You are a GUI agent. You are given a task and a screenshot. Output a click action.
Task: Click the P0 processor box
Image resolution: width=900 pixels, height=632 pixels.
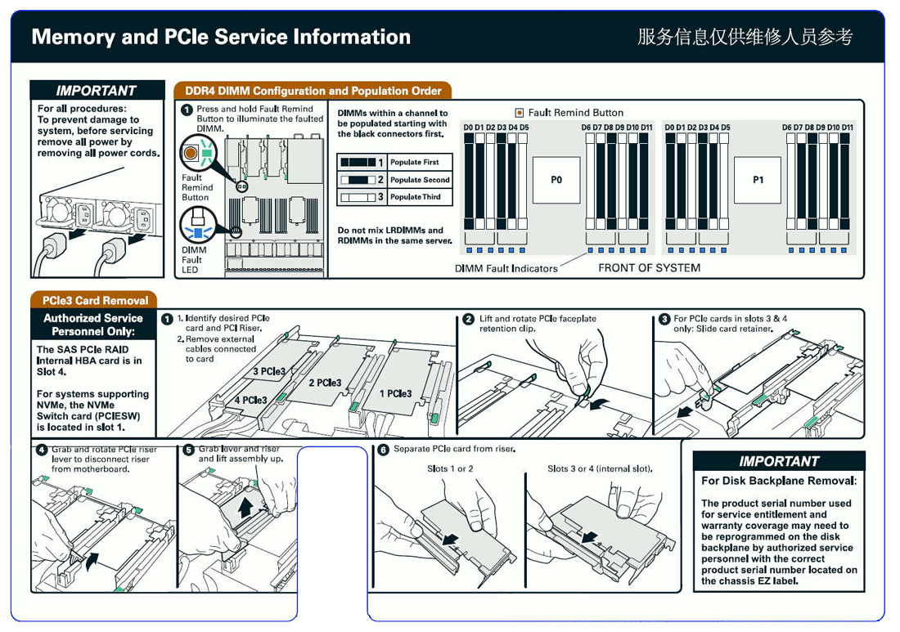tap(556, 180)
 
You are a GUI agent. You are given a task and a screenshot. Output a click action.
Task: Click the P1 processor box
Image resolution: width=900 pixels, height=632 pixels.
tap(758, 180)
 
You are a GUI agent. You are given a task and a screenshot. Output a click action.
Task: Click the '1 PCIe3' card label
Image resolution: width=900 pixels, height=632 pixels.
tap(396, 393)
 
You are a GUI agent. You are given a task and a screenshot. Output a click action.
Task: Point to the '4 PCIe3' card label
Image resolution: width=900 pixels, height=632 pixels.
tap(250, 400)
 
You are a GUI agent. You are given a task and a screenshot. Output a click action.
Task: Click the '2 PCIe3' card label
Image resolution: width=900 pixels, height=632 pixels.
tap(325, 383)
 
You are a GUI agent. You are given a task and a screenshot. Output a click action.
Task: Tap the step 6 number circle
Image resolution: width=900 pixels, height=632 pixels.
tap(383, 450)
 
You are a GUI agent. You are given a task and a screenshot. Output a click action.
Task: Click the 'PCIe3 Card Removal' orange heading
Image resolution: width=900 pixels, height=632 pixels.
tap(95, 300)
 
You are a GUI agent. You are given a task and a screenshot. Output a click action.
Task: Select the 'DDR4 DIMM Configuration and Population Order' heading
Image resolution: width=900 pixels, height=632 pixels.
tap(313, 91)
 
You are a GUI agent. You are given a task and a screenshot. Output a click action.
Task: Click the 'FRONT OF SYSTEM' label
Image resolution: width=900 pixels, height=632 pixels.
tap(649, 267)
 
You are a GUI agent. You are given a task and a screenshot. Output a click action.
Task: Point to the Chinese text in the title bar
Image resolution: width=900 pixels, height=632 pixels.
tap(745, 37)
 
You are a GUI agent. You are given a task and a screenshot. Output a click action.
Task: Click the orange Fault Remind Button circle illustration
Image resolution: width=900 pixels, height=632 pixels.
tap(191, 152)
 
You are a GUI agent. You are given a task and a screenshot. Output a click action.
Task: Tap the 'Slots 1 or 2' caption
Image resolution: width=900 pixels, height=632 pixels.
tap(450, 468)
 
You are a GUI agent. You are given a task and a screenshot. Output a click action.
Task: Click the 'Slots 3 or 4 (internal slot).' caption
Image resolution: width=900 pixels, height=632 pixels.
tap(600, 468)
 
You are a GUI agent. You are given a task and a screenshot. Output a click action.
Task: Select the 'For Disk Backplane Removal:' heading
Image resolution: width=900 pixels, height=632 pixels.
tap(778, 481)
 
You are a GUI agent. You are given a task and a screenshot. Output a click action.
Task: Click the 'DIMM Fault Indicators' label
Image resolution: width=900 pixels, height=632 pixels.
tap(506, 268)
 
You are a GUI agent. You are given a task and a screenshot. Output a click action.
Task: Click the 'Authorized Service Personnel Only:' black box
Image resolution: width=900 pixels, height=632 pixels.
tap(93, 325)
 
